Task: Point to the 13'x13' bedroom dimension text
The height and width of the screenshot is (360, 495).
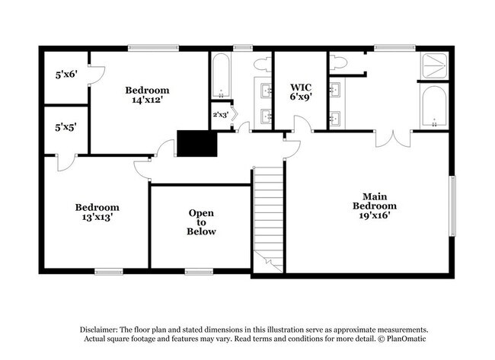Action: [x=97, y=217]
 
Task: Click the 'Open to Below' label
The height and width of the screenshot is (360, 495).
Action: [x=202, y=222]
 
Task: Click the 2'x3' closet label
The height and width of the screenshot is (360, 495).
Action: [x=220, y=115]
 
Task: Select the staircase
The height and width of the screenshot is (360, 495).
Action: [x=268, y=217]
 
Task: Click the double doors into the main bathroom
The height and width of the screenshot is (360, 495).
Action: [x=393, y=139]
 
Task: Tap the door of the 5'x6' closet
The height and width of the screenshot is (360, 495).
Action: [x=97, y=73]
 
